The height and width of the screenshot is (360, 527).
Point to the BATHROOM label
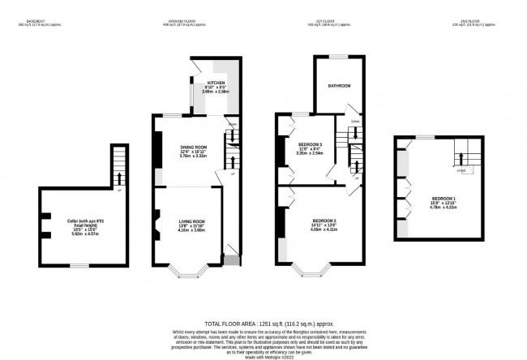[339, 86]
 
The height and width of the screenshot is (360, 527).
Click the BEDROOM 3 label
[311, 144]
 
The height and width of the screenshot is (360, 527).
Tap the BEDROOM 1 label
[442, 198]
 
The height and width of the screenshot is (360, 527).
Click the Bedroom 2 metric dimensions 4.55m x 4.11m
[324, 230]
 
